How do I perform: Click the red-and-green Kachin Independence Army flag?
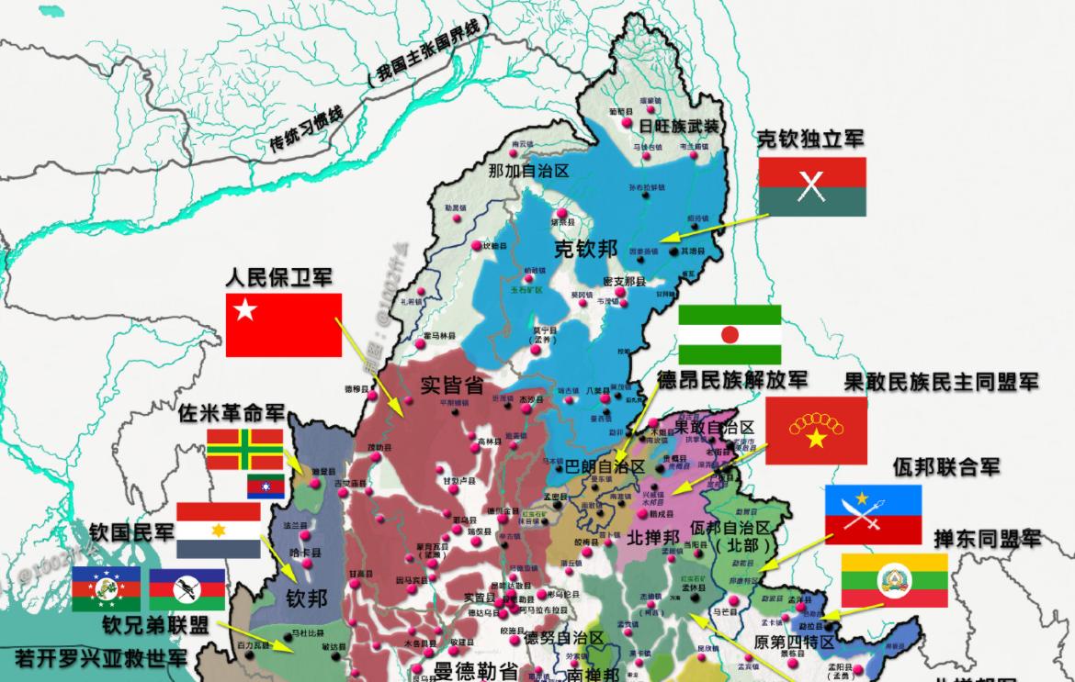tap(812, 186)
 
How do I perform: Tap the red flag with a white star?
tap(283, 325)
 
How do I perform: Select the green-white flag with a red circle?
tap(730, 335)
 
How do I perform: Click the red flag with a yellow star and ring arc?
tap(816, 430)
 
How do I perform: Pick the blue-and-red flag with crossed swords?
tap(872, 514)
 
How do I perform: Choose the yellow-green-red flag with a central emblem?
tap(894, 579)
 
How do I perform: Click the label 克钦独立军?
tap(810, 140)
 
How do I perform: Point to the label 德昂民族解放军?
tap(732, 379)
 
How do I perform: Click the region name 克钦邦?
tap(585, 249)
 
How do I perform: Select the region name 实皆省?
tap(451, 384)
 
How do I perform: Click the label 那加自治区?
tap(528, 171)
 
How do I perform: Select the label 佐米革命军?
tap(232, 414)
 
